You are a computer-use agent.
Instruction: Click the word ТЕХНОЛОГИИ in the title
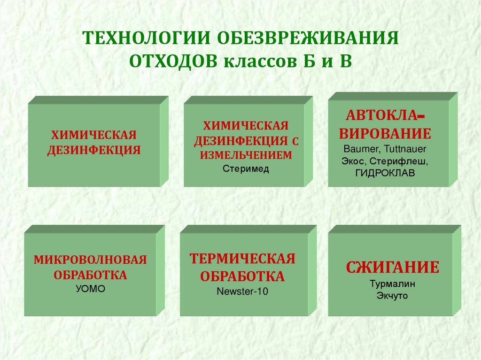(147, 38)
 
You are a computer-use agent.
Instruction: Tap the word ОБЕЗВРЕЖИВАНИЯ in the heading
(308, 38)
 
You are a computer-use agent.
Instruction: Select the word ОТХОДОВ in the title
(173, 61)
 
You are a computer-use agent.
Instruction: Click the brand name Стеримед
(246, 169)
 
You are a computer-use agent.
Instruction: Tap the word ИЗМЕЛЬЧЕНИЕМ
(246, 155)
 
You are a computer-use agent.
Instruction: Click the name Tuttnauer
(405, 149)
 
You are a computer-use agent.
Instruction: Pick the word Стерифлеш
(398, 161)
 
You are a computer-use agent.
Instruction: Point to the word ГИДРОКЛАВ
(385, 173)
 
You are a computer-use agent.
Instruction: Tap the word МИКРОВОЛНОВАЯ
(90, 260)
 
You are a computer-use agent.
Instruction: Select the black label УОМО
(91, 289)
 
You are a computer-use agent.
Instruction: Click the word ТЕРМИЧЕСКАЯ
(242, 259)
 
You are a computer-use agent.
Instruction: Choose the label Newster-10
(242, 291)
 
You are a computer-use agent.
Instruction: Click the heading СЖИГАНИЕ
(393, 268)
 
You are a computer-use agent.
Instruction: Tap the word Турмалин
(392, 283)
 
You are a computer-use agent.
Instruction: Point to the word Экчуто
(392, 296)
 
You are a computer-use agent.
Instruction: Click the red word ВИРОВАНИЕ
(385, 134)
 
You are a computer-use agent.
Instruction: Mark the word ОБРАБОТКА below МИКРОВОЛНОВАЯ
(90, 275)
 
